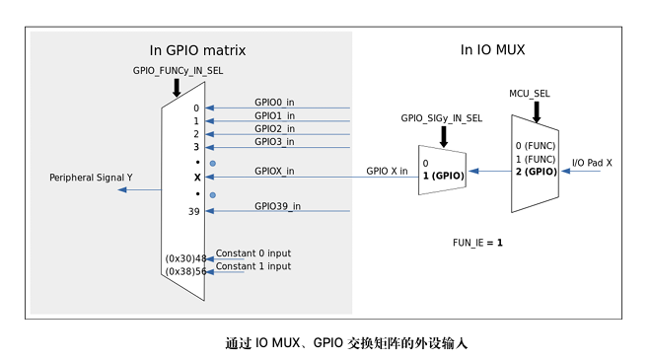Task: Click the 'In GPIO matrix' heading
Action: (196, 50)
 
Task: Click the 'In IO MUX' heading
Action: (493, 49)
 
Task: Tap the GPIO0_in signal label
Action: (275, 103)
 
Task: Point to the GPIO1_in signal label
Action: (275, 115)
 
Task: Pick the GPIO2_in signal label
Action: (275, 128)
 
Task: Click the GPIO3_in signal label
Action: (275, 141)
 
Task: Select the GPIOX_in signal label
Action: (275, 171)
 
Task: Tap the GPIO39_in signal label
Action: (277, 205)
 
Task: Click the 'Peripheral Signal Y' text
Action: (91, 178)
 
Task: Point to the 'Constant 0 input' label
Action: (253, 253)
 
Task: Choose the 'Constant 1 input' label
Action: (253, 266)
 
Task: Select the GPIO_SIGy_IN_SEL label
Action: (441, 117)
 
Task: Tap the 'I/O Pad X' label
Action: (592, 161)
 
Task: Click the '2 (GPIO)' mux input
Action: (536, 172)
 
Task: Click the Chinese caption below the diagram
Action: (325, 343)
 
